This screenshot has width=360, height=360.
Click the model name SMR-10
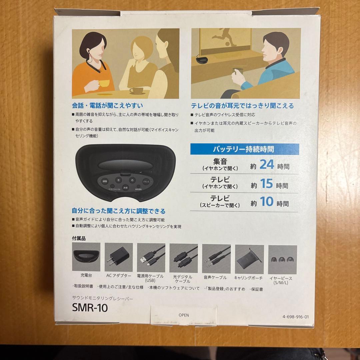point(90,308)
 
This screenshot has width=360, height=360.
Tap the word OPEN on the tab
point(184,315)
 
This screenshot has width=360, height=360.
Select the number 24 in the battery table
point(266,165)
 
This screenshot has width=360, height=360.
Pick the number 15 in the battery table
point(266,184)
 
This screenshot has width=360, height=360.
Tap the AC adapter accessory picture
point(119,257)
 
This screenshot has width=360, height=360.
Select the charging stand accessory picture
point(86,257)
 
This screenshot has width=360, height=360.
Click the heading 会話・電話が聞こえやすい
point(108,106)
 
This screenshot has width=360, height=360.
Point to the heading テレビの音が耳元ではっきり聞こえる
point(242,106)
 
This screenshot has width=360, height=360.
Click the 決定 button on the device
point(125,188)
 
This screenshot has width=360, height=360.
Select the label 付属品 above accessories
point(79,239)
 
